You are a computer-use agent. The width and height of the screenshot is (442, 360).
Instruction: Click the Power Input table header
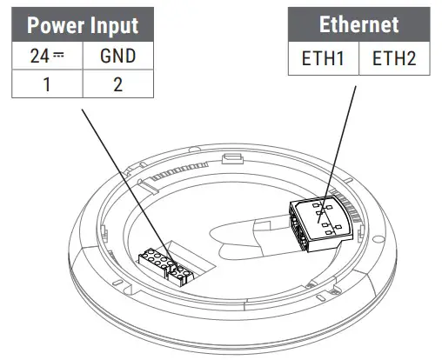point(83,24)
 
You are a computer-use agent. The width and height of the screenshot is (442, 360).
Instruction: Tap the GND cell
point(118,57)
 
